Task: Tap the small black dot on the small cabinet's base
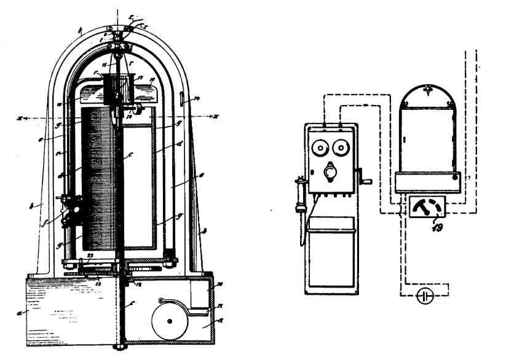coord(455,177)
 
